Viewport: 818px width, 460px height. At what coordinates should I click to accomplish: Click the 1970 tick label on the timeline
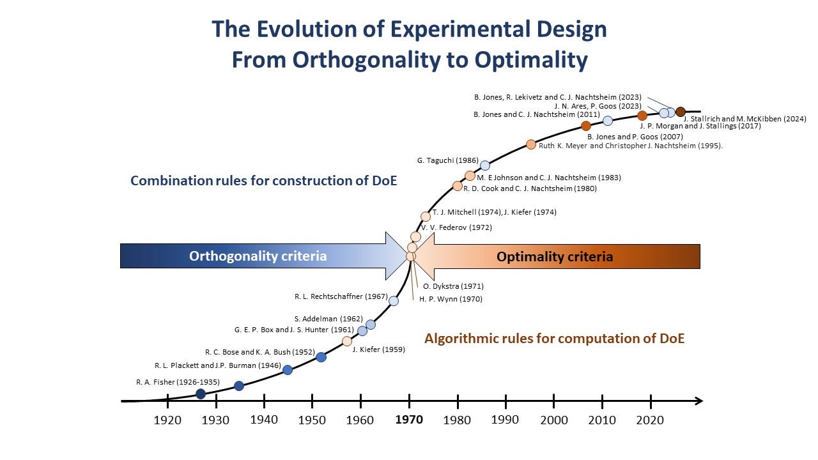[x=409, y=420]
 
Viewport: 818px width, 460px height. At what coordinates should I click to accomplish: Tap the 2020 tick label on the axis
[x=651, y=420]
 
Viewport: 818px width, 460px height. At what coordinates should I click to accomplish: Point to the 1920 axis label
[x=167, y=420]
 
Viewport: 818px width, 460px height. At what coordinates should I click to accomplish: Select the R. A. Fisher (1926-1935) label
[x=178, y=382]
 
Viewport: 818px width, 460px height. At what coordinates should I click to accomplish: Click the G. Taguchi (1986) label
[x=447, y=160]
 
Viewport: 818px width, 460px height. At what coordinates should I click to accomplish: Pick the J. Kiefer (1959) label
[x=378, y=349]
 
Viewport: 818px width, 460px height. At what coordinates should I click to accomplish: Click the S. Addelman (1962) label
[x=328, y=319]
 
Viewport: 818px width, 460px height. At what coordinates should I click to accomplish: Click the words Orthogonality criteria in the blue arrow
[x=258, y=256]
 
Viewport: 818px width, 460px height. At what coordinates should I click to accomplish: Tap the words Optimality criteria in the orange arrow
[x=555, y=257]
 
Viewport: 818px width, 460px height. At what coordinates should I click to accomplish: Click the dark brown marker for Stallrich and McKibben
[x=680, y=112]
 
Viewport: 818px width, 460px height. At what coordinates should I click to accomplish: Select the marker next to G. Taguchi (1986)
[x=485, y=165]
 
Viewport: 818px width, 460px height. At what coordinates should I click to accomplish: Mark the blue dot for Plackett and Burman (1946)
[x=288, y=370]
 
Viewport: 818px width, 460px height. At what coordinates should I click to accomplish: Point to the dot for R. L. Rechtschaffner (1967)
[x=394, y=301]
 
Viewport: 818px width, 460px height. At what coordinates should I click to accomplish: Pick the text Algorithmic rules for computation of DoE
[x=554, y=339]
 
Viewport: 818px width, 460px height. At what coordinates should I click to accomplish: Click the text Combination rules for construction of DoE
[x=263, y=181]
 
